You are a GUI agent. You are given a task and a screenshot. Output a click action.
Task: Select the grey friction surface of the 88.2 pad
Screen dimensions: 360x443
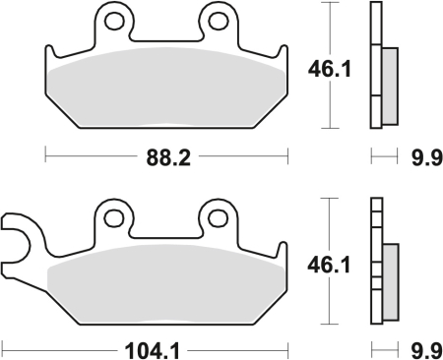167,89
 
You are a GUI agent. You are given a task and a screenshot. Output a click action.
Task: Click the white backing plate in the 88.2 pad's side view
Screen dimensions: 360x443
374,67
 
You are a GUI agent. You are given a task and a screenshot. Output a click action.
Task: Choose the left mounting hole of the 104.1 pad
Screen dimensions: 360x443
115,217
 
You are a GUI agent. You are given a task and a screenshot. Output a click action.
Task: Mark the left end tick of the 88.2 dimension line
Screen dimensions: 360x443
46,154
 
